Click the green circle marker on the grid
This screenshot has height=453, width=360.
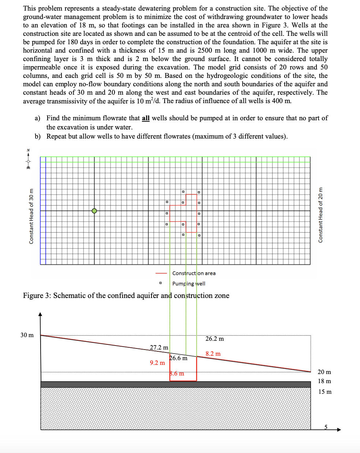pos(94,211)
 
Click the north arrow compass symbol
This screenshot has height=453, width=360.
pos(28,159)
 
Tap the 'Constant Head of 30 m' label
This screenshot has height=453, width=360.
pos(31,216)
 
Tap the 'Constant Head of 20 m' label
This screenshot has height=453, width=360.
pos(320,215)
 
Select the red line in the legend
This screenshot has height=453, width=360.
pos(161,273)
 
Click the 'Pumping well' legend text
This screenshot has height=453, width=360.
pos(188,284)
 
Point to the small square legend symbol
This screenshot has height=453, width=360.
pos(160,283)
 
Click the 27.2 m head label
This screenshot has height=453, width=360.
pos(159,347)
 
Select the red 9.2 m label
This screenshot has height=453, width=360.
pos(157,363)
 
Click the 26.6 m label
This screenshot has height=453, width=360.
pos(179,358)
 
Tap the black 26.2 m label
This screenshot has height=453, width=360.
pos(215,339)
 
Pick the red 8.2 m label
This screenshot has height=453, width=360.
pos(213,354)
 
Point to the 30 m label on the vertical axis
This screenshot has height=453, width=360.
pos(27,335)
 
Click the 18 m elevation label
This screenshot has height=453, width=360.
pos(324,381)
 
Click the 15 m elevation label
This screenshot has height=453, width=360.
pos(325,392)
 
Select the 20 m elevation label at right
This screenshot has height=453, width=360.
pos(324,372)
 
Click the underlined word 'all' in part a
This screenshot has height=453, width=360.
pos(146,118)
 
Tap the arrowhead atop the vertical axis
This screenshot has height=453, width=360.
pos(40,314)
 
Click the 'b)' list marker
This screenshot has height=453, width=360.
pos(38,136)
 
